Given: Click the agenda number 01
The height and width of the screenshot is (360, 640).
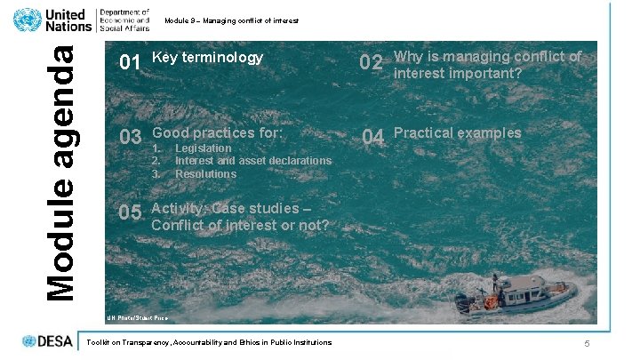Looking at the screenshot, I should click(x=130, y=63).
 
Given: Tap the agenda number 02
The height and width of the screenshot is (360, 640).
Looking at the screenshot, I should click(x=371, y=63).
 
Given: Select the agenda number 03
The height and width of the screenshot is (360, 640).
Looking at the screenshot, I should click(x=130, y=138).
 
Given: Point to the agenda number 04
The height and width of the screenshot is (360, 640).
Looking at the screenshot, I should click(x=372, y=138).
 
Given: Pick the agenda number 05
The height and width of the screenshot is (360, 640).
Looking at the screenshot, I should click(x=130, y=213).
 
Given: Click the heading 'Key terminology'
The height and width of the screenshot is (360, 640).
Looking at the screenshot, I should click(x=208, y=58).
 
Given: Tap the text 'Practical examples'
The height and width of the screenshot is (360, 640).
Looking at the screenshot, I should click(x=457, y=133).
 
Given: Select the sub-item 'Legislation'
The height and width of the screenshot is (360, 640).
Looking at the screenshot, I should click(x=203, y=148).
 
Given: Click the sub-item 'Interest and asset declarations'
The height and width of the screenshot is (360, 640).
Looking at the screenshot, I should click(x=252, y=161).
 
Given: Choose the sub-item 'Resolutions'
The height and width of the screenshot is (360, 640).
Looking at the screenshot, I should click(x=205, y=173).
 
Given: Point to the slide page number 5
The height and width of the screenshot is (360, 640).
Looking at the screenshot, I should click(x=588, y=343).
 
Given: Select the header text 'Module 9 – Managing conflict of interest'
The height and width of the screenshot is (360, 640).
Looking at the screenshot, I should click(x=232, y=20).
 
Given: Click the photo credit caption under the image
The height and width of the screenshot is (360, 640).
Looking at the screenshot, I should click(x=137, y=317).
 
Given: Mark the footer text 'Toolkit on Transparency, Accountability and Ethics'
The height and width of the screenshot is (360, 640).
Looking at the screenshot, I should click(x=206, y=341).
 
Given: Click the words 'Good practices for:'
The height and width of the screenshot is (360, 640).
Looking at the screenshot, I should click(x=217, y=133).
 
